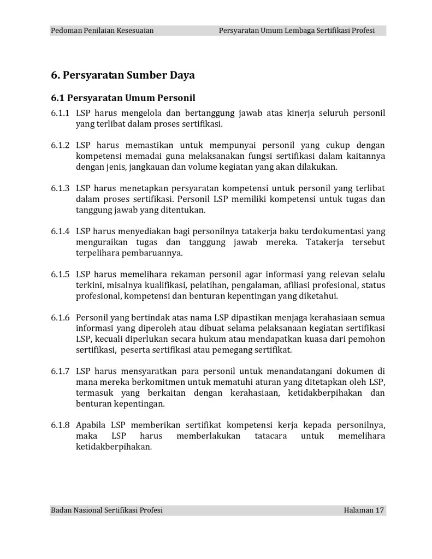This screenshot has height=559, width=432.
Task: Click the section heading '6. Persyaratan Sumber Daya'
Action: [123, 75]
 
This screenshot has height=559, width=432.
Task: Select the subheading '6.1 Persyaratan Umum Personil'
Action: [123, 98]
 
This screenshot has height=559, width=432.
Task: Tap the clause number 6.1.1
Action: [60, 114]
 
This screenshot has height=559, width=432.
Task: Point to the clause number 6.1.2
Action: [60, 145]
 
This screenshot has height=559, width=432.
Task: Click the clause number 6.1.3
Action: [60, 188]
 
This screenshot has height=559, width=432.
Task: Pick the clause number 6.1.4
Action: [60, 231]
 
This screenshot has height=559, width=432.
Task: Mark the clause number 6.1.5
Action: [60, 274]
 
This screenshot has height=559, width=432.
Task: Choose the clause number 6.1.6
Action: [60, 317]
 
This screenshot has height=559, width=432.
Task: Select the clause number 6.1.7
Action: [60, 371]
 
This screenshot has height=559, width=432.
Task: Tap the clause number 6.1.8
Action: [60, 425]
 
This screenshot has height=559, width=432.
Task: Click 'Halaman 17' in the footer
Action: [364, 510]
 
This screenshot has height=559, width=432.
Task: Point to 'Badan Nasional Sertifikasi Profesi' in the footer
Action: [106, 510]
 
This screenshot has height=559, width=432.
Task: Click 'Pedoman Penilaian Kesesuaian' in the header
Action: [102, 31]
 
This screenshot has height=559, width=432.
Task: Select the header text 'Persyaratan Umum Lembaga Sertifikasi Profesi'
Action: [296, 31]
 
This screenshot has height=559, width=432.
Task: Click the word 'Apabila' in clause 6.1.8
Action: [91, 425]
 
